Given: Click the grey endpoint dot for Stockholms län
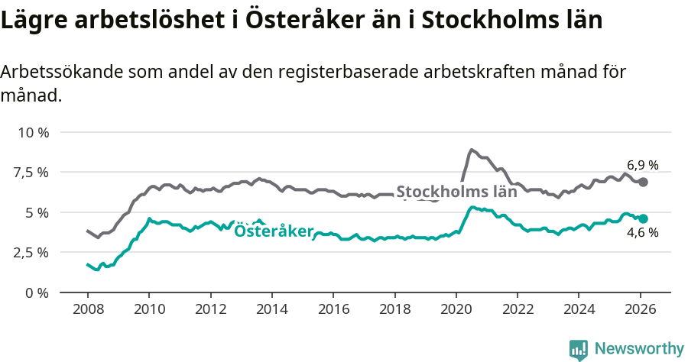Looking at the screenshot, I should (x=644, y=182).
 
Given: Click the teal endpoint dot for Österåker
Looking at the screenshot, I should (x=644, y=218).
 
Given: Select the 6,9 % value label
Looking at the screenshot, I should (x=642, y=165).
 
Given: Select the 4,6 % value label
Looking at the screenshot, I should (x=642, y=233).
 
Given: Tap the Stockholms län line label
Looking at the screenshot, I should (x=456, y=192).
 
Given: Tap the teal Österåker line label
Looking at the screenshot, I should (x=274, y=231).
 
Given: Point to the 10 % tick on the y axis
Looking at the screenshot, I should (x=33, y=132).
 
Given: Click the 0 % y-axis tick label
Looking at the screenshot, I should (x=38, y=292).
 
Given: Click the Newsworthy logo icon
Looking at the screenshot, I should (x=579, y=349).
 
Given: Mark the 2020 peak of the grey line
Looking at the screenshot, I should (x=472, y=150).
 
